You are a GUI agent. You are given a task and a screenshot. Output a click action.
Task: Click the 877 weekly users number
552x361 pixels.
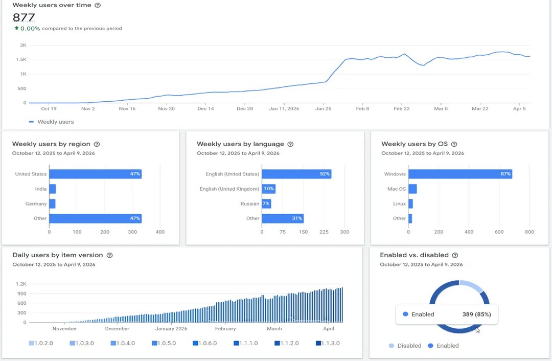(x=24, y=17)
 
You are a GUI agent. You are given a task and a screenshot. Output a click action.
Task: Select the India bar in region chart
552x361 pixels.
(x=53, y=189)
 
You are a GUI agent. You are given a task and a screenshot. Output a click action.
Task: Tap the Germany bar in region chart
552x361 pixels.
(x=52, y=204)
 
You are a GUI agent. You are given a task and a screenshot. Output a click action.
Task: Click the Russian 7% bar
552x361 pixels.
(x=266, y=204)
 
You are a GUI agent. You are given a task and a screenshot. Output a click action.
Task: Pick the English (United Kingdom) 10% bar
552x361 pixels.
(x=269, y=189)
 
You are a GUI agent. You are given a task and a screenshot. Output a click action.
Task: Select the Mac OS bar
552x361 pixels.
(x=412, y=189)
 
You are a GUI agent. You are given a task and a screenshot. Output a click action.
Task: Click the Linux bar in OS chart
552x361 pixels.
(x=410, y=204)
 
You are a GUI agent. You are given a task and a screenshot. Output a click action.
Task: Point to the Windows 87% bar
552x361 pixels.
(x=460, y=174)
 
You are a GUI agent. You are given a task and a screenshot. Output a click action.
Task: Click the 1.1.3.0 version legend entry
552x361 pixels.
(x=328, y=343)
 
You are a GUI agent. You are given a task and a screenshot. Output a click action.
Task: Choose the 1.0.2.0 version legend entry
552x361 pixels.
(x=41, y=343)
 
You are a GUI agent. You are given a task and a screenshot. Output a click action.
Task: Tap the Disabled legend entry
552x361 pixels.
(x=405, y=346)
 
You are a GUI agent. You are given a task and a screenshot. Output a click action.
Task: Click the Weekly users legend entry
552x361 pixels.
(x=52, y=122)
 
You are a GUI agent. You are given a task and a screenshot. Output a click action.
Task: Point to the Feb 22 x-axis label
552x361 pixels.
(x=402, y=108)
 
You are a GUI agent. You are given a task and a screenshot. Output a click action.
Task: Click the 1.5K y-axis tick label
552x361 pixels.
(x=21, y=59)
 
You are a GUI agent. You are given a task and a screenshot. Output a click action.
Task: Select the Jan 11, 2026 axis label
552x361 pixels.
(x=284, y=108)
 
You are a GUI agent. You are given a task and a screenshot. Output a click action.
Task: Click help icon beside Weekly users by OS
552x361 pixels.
(x=454, y=144)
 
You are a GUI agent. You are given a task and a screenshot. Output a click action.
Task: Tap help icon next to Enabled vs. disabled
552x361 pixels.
(x=455, y=255)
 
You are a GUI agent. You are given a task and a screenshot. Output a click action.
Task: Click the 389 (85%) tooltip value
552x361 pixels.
(x=477, y=314)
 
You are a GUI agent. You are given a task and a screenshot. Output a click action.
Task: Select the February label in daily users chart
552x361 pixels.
(x=225, y=329)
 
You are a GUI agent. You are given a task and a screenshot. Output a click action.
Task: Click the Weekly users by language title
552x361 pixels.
(x=240, y=144)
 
